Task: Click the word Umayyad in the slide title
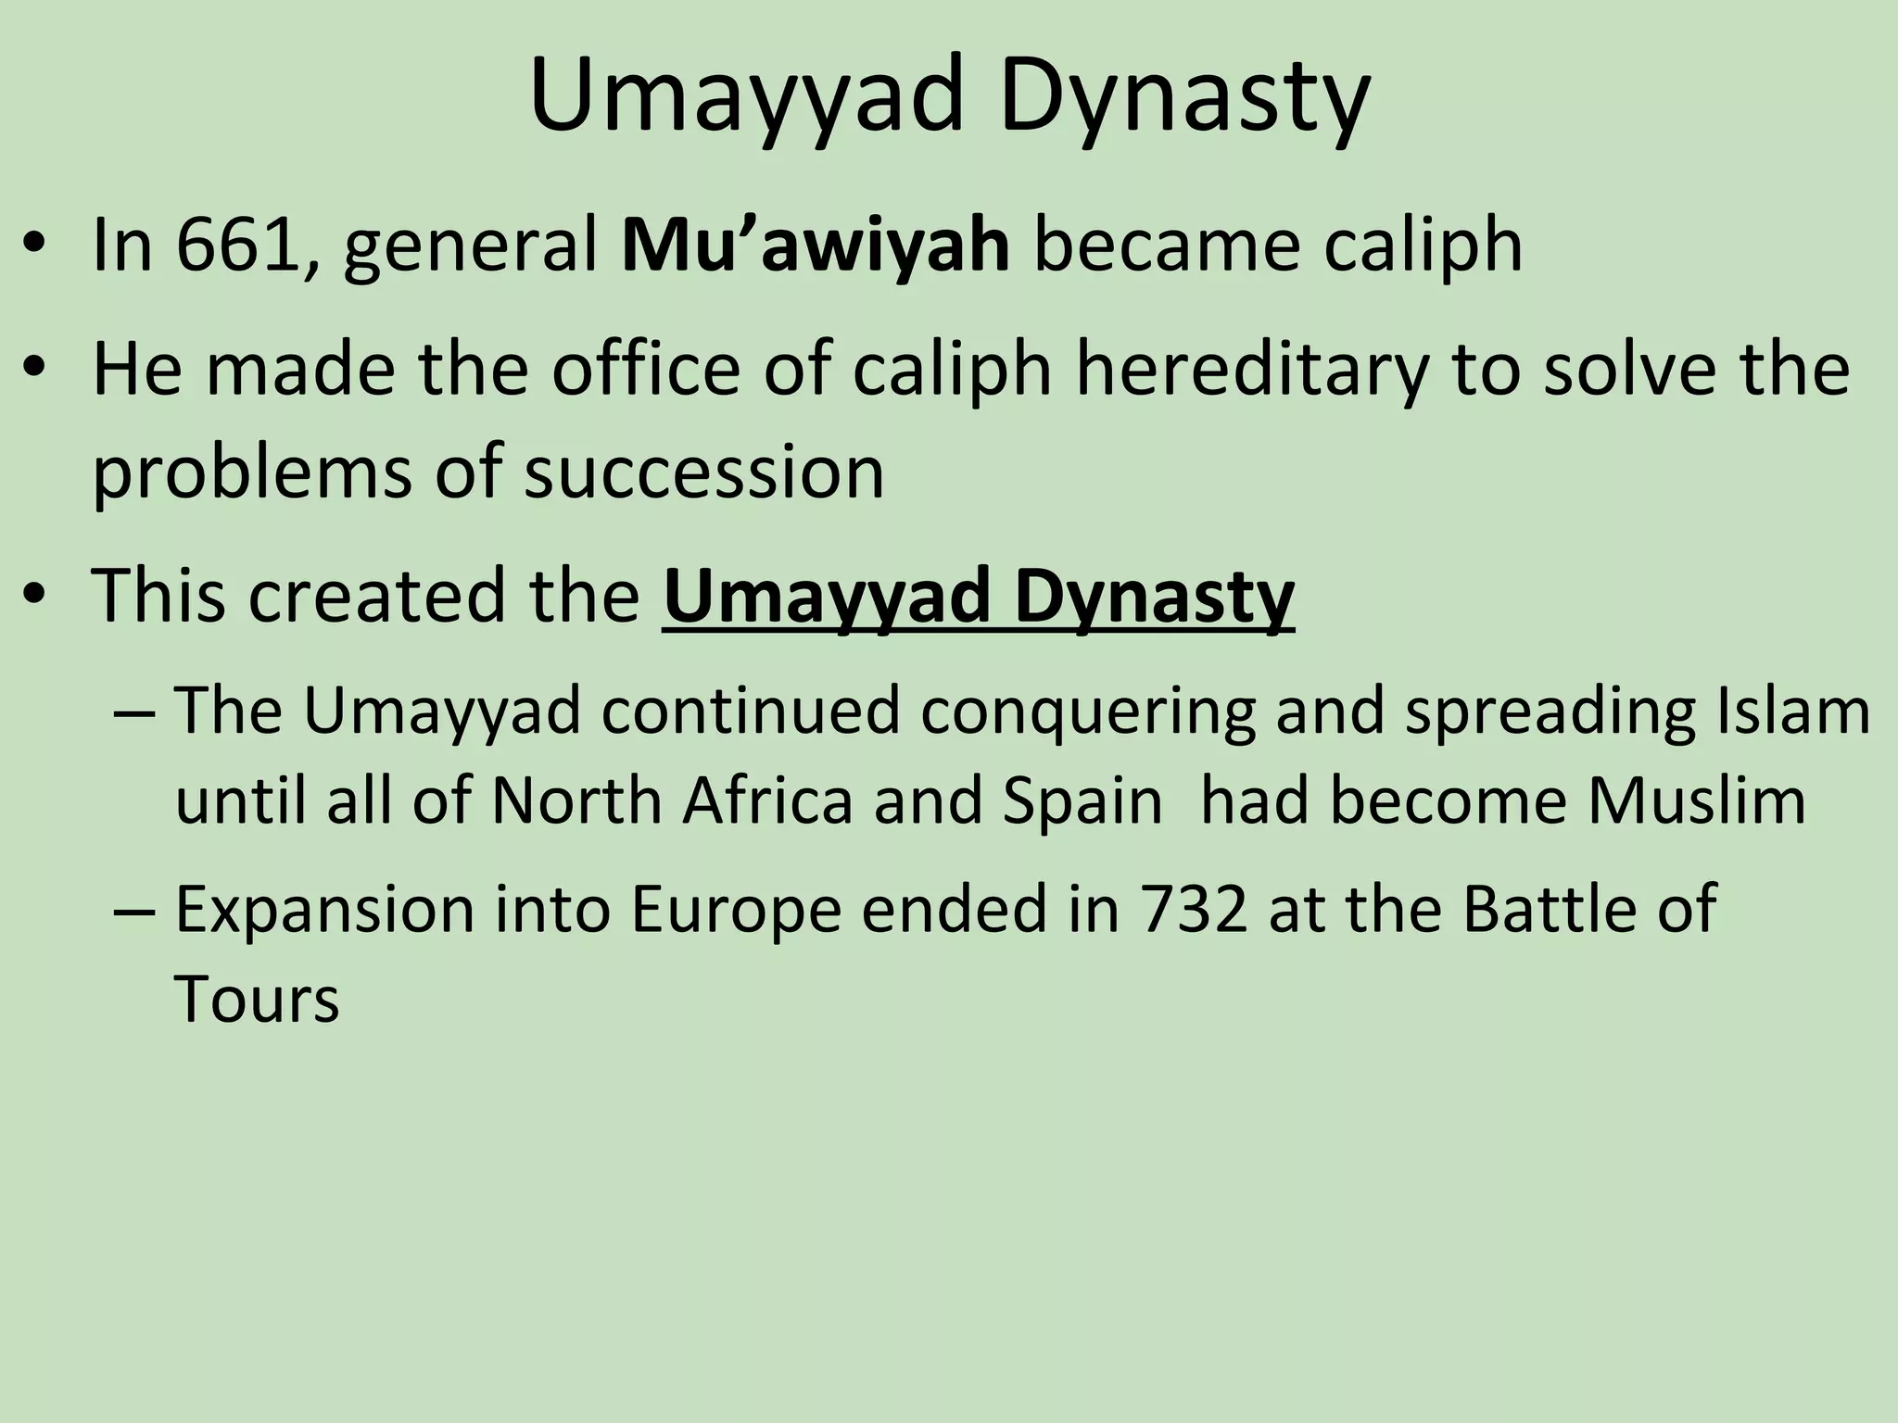(x=747, y=96)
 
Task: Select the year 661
(x=237, y=246)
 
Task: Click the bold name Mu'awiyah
(x=816, y=246)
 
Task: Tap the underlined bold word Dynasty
(x=1154, y=596)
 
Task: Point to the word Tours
(x=257, y=1000)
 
